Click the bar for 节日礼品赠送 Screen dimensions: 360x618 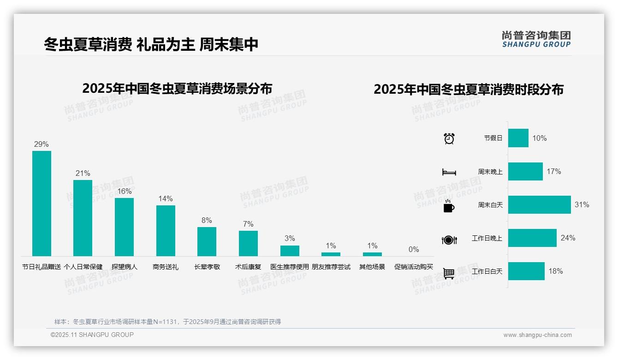(42, 203)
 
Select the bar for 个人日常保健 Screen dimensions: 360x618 (83, 218)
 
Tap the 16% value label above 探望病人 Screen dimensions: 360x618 (124, 191)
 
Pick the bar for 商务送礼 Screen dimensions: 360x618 (166, 230)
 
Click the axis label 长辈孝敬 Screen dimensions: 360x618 (206, 267)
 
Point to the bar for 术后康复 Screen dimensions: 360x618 (248, 243)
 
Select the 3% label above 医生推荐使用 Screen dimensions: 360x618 (290, 238)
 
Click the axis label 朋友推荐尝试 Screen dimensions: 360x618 (331, 267)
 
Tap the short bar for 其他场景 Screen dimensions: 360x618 (372, 254)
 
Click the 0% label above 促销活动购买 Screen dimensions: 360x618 (414, 250)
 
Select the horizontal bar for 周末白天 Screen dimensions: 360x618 (539, 204)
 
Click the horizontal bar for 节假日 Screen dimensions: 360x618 (518, 138)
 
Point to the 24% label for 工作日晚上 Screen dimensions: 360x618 (568, 238)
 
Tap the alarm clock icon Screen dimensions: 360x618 (449, 138)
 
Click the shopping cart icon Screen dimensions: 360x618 (449, 273)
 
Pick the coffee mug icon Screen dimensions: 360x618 (449, 206)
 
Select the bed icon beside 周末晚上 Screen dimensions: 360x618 (449, 172)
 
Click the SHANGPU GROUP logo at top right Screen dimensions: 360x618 (536, 39)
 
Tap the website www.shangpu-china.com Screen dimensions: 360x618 (537, 335)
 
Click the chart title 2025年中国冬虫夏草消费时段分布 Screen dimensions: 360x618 (469, 90)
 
